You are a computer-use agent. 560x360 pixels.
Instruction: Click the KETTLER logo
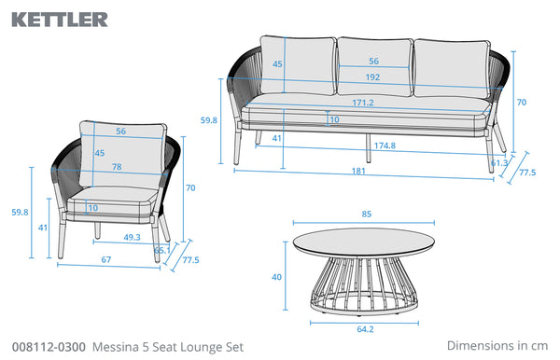[x=60, y=20]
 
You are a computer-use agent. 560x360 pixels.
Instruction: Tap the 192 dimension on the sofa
[x=372, y=77]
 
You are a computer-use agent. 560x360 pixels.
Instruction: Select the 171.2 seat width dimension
[x=363, y=103]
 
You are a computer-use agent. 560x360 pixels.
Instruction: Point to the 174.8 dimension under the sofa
[x=385, y=145]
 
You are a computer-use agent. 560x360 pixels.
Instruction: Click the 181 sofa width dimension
[x=358, y=172]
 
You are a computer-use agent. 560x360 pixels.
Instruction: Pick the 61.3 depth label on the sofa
[x=499, y=163]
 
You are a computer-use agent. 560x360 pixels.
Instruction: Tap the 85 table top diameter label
[x=367, y=215]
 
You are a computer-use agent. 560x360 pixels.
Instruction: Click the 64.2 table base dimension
[x=365, y=329]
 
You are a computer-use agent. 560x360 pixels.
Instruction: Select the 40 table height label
[x=276, y=277]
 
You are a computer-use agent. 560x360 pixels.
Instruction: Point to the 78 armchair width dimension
[x=117, y=167]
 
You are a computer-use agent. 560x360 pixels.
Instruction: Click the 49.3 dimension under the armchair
[x=133, y=237]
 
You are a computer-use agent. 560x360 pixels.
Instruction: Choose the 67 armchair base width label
[x=106, y=260]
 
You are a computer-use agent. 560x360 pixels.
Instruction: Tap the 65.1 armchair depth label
[x=161, y=251]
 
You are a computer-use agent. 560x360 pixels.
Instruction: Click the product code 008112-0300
[x=49, y=347]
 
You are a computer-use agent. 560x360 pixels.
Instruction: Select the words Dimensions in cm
[x=497, y=346]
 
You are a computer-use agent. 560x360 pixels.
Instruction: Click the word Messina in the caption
[x=116, y=347]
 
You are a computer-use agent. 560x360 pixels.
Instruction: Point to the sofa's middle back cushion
[x=375, y=67]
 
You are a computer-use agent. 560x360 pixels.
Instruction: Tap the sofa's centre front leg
[x=369, y=148]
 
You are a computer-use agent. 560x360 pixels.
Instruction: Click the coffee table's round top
[x=364, y=242]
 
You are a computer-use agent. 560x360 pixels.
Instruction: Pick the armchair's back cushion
[x=123, y=155]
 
